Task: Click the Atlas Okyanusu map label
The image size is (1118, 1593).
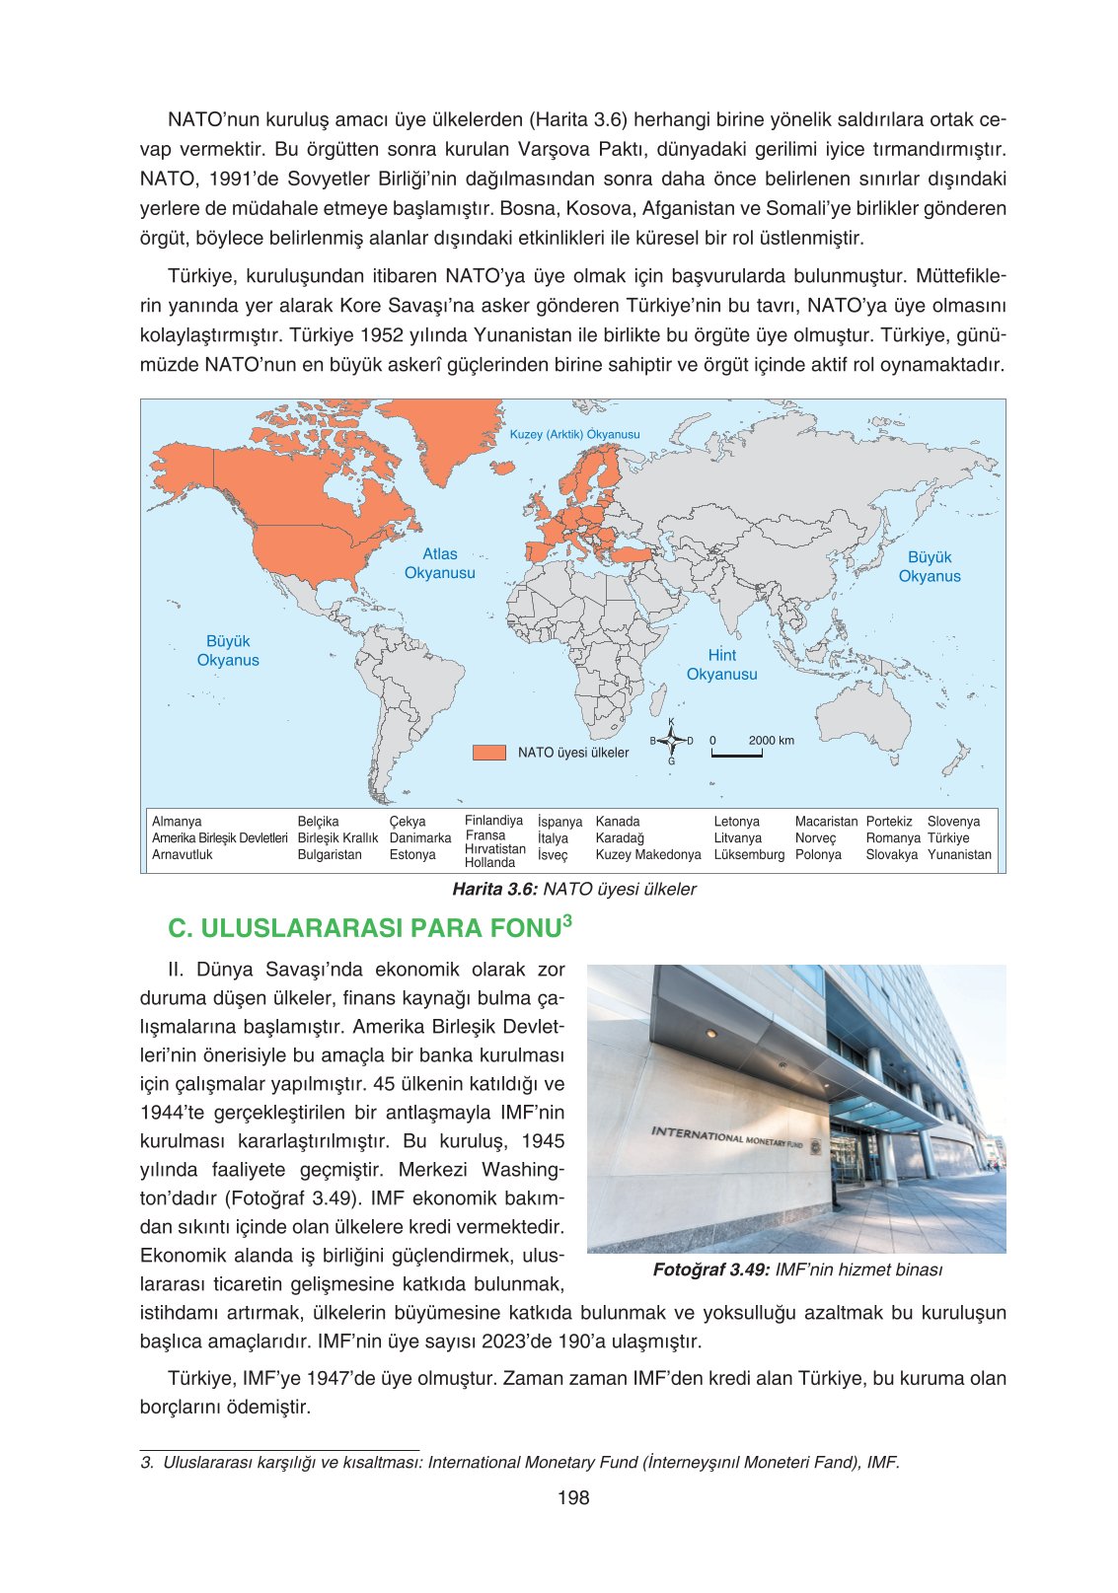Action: click(439, 563)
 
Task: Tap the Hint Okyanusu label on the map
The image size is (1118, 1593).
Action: click(721, 665)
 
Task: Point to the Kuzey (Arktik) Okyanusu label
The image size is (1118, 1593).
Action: click(574, 434)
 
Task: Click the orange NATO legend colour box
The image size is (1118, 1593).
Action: click(489, 753)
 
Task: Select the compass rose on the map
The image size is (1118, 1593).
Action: click(671, 741)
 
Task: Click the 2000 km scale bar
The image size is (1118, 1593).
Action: click(737, 755)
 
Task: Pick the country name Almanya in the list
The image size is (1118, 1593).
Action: click(177, 822)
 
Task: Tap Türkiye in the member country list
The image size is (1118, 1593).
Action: click(948, 838)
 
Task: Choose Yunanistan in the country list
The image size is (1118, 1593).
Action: click(959, 855)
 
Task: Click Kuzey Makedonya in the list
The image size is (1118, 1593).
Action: click(647, 855)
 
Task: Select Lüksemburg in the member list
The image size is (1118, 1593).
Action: click(749, 855)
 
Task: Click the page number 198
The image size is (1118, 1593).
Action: click(573, 1498)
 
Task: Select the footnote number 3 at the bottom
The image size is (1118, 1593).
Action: click(146, 1463)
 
